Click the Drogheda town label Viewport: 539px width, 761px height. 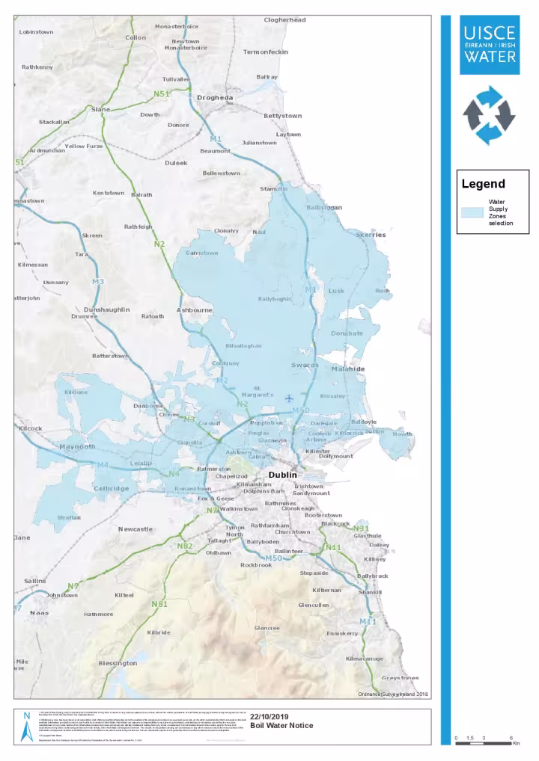[215, 98]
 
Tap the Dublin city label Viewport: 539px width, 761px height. [283, 475]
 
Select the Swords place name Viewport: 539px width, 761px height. [305, 366]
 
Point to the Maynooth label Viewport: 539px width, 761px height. [77, 447]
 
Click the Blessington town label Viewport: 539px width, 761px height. [118, 663]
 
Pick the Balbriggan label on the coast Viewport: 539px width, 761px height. [324, 207]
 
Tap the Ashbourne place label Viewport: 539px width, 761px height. [195, 309]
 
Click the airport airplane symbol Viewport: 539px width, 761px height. [289, 398]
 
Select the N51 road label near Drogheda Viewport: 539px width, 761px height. [162, 93]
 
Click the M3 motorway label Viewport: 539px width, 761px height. [98, 281]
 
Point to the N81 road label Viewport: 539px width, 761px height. [159, 604]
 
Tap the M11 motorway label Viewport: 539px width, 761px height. [368, 622]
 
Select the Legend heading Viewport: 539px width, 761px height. [483, 184]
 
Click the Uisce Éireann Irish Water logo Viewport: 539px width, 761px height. [489, 45]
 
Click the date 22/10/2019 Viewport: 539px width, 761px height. [268, 716]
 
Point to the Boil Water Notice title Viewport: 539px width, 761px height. [278, 725]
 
